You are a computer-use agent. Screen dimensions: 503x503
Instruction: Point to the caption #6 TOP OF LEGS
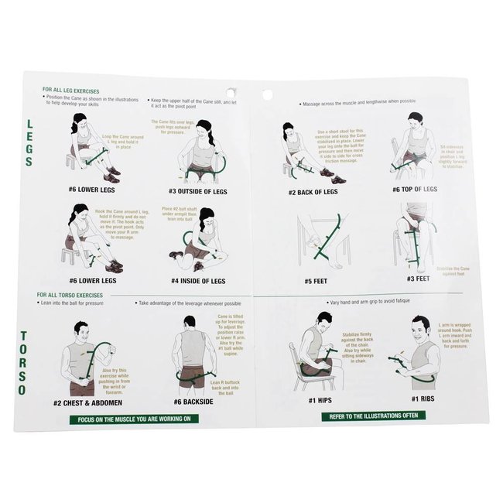(x=415, y=189)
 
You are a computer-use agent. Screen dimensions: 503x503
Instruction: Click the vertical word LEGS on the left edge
(x=29, y=142)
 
